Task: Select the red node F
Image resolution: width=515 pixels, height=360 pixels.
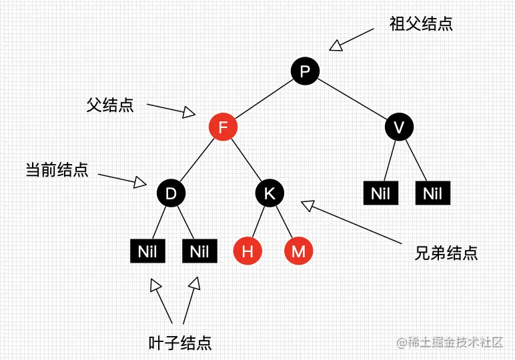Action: coord(223,127)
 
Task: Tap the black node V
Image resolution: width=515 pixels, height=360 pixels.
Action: coord(399,127)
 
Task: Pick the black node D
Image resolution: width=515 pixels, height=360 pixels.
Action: coord(171,194)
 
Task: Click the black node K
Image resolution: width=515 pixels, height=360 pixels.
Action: coord(270,194)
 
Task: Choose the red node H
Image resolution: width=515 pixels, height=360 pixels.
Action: coord(247,251)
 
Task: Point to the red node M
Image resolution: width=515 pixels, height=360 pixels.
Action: coord(298,251)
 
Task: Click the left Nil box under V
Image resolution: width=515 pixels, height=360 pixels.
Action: coord(380,194)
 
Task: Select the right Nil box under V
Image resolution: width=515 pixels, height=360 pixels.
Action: coord(433,194)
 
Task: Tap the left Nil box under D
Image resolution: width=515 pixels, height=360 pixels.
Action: coord(147,251)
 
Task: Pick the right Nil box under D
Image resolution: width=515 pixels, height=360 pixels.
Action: coord(199,251)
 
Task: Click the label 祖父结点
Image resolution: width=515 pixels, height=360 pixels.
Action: coord(421,25)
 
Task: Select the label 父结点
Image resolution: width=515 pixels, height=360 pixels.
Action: coord(110,105)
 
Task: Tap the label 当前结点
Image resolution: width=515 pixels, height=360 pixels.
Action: coord(57,169)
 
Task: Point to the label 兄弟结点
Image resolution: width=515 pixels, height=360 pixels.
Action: coord(446,253)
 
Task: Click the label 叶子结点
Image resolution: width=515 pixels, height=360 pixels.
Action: coord(179,343)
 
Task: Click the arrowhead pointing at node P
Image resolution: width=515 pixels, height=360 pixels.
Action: coord(336,45)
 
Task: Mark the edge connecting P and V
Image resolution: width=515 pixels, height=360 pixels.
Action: coord(352,99)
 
